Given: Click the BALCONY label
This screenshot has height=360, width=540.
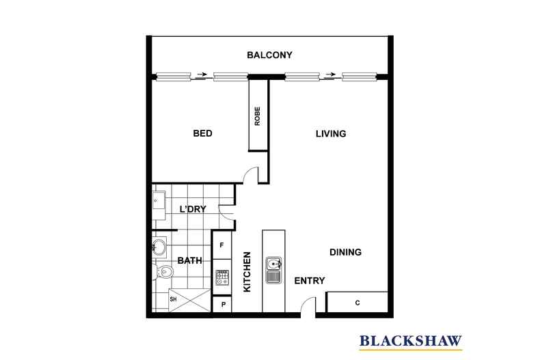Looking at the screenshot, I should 270,55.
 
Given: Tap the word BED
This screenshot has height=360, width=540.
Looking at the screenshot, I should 203,134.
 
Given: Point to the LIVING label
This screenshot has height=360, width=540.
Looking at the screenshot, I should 331,134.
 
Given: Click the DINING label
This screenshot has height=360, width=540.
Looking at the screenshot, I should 345,252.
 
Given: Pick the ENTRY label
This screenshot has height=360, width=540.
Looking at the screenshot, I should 309,281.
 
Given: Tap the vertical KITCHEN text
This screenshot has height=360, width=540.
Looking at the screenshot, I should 247,273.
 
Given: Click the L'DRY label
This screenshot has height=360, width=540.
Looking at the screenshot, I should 193,209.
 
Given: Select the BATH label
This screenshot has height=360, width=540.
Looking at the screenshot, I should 189,260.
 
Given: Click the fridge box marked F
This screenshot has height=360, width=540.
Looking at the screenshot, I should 221,243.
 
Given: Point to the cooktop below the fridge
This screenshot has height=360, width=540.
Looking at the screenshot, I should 222,277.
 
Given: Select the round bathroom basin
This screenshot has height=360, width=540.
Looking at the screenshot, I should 159,247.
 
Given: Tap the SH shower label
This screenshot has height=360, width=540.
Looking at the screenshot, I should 174,299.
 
